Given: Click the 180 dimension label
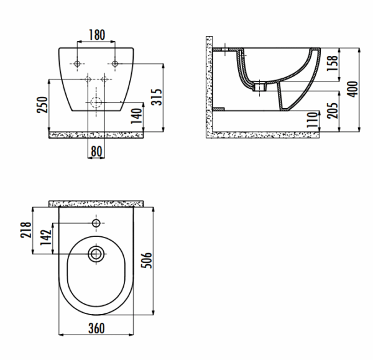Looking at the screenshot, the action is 97,35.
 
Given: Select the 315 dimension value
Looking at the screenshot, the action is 157,97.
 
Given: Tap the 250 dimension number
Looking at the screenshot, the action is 42,104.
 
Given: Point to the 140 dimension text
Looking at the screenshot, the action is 137,116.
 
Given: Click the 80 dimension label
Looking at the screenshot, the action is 96,151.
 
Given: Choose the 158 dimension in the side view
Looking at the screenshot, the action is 333,63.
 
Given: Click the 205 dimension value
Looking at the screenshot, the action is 333,111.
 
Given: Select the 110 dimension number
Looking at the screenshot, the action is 312,119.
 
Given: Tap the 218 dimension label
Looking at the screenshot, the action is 25,230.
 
